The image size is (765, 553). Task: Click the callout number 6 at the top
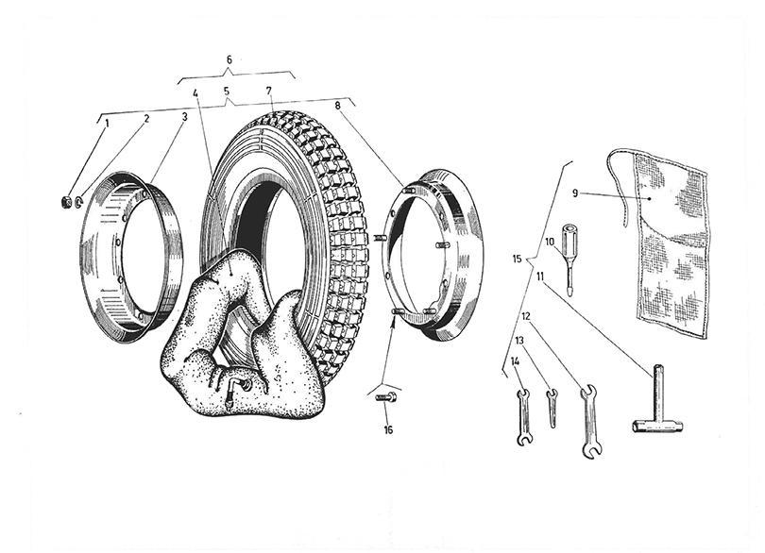tap(229, 60)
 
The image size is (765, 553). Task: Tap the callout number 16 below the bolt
tap(388, 430)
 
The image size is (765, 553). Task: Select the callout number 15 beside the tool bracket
tap(518, 259)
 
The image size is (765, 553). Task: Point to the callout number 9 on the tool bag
tap(575, 193)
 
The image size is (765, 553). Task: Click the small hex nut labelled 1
tap(66, 200)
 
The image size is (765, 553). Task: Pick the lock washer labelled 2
tap(79, 202)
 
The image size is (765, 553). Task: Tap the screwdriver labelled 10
tap(569, 259)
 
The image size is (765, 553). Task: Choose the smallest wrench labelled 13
tap(552, 407)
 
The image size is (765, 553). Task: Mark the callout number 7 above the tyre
tap(268, 92)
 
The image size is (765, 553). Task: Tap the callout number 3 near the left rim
tap(185, 117)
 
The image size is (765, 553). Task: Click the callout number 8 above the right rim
tap(338, 105)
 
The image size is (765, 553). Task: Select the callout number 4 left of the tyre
tap(195, 92)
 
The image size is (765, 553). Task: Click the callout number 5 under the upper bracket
tap(226, 92)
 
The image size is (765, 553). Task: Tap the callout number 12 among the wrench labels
tap(526, 316)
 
